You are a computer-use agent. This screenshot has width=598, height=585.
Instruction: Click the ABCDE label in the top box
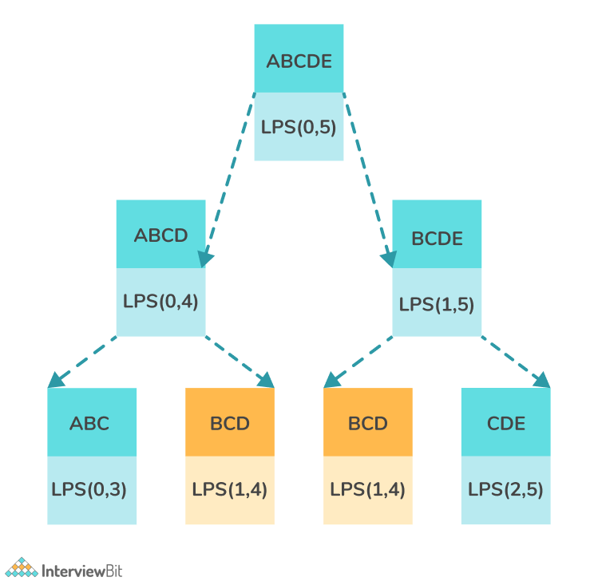tap(299, 61)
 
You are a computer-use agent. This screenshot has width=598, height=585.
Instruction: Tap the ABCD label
tap(160, 235)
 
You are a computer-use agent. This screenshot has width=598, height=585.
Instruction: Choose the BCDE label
tap(437, 239)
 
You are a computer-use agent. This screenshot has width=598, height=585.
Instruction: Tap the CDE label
tap(506, 423)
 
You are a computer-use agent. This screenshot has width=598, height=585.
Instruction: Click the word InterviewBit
tap(82, 571)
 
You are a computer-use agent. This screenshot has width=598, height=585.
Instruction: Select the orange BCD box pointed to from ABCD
tap(230, 456)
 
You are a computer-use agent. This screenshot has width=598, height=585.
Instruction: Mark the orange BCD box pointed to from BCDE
tap(368, 456)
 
